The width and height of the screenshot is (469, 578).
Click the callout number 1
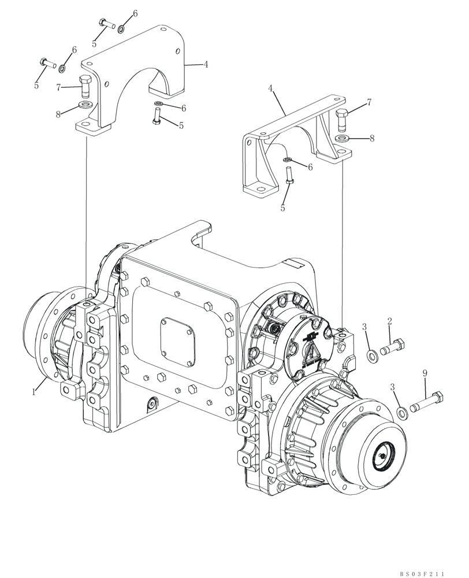[x=34, y=392]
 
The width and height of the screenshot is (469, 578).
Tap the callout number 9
[x=425, y=375]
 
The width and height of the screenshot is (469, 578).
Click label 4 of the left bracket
[x=206, y=64]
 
